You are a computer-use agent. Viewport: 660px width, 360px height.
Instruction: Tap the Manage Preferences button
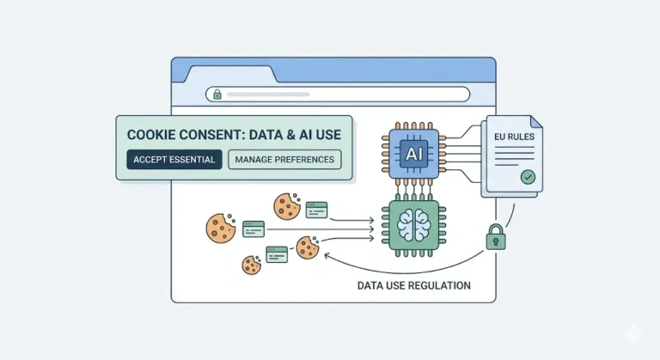click(x=285, y=160)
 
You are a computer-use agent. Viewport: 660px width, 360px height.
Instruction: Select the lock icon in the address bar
click(x=217, y=95)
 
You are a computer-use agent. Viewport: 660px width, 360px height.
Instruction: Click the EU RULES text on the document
click(x=513, y=136)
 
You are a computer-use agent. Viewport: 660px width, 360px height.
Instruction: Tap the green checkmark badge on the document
click(x=527, y=178)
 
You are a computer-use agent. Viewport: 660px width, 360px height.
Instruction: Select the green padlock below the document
click(x=496, y=238)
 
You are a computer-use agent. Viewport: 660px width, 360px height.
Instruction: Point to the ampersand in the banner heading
click(x=281, y=135)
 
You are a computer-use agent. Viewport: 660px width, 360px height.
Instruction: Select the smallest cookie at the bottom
click(x=252, y=264)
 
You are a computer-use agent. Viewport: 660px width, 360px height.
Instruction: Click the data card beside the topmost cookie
click(x=316, y=209)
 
